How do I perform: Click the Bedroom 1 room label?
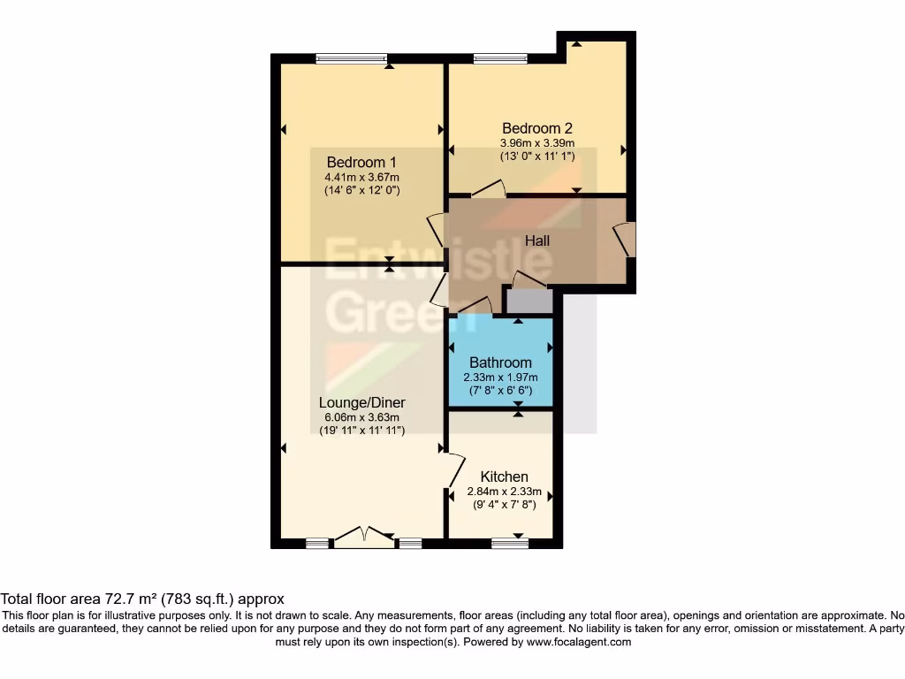pos(361,162)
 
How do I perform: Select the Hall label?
pos(537,240)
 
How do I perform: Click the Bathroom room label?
pos(500,362)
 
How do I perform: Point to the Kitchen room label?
pos(504,477)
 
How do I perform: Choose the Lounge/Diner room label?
pos(362,403)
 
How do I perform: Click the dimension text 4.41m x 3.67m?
pos(361,177)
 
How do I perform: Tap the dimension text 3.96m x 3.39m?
pos(537,143)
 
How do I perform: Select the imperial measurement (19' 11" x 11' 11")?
pos(362,431)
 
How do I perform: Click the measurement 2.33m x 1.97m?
pos(500,378)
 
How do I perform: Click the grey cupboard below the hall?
pos(529,301)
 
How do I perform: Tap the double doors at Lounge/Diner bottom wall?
pos(364,537)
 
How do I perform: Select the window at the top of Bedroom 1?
pos(352,59)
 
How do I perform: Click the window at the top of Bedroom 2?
pos(501,59)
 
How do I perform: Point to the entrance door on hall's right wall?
pos(627,240)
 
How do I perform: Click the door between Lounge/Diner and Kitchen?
pos(453,469)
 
